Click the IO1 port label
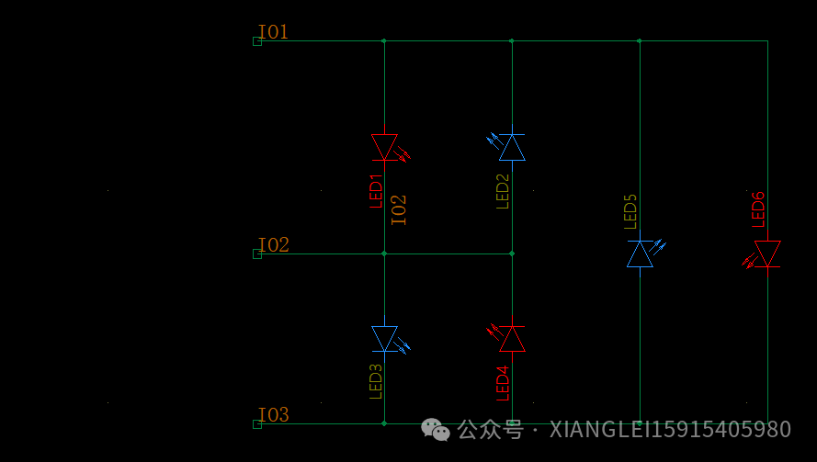(x=273, y=32)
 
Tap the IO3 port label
(x=273, y=414)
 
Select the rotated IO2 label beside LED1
(x=399, y=210)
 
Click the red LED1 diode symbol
(x=390, y=147)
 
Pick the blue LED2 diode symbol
(x=507, y=147)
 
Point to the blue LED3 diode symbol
(x=390, y=339)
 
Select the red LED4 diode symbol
(x=507, y=339)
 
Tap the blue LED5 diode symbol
(x=644, y=254)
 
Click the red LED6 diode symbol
(x=762, y=254)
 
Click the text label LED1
(x=376, y=191)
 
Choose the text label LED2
(x=503, y=191)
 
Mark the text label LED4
(x=503, y=383)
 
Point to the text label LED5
(x=630, y=211)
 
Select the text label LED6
(x=758, y=209)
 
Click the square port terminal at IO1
(x=257, y=41)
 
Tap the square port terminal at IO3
(x=257, y=424)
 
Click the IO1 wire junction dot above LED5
(x=640, y=40)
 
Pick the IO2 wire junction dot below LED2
(x=512, y=254)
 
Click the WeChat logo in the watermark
(x=435, y=430)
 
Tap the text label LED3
(x=376, y=382)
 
